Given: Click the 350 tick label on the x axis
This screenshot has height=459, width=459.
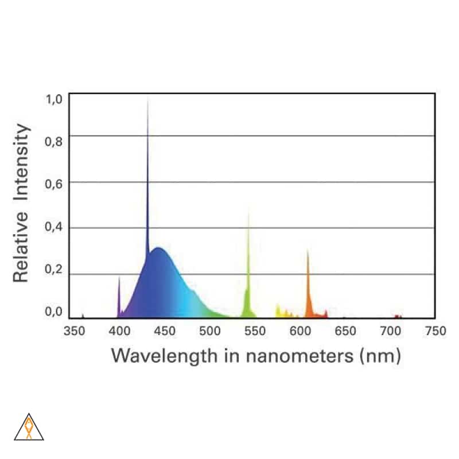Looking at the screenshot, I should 74,331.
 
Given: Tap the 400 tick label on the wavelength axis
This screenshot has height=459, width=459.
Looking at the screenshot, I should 119,331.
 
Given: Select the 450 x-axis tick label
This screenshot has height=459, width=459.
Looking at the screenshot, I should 165,331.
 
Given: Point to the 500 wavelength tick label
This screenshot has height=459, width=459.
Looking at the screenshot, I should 209,331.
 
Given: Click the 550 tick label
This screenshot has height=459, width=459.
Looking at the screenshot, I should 255,331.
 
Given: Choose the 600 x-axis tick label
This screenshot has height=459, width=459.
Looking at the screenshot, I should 299,331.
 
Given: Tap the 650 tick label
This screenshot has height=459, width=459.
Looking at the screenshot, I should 345,331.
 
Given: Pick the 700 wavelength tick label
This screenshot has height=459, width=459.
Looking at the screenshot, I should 390,331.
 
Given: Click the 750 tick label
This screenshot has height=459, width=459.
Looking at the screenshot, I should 435,331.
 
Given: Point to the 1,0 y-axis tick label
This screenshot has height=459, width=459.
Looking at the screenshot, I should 53,99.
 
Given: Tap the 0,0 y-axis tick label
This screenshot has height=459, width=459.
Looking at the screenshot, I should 53,313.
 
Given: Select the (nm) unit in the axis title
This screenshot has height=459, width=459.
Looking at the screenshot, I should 379,356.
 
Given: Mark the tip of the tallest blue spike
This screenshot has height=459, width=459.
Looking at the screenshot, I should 148,99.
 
